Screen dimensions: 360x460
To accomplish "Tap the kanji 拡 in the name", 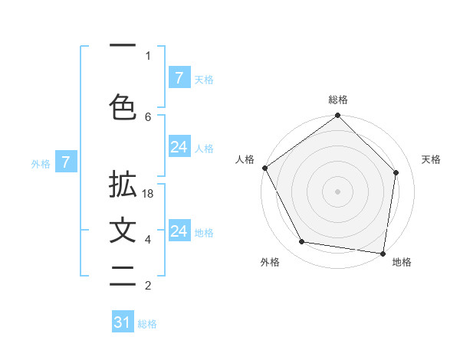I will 123,188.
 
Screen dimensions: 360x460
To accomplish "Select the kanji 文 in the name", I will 123,231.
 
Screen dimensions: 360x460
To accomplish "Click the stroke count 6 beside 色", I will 148,116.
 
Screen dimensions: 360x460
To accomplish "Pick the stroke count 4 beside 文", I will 148,240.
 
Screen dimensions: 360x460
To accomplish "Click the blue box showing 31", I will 123,322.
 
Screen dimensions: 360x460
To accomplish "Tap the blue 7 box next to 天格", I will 179,78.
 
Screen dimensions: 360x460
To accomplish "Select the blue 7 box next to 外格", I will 66,162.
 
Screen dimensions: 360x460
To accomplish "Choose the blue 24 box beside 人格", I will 179,148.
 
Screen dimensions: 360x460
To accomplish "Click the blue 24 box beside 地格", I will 179,231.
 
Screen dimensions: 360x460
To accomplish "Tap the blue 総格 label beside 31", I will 147,324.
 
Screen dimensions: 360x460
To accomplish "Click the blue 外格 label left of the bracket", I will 41,163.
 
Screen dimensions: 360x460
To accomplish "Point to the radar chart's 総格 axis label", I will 337,100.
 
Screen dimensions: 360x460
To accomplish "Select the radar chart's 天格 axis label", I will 432,159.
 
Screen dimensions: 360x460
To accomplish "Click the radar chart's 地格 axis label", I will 402,262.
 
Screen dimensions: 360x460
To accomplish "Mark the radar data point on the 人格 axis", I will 264,168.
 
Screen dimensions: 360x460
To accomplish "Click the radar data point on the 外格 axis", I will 301,242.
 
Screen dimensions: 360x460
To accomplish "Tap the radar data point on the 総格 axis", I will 337,116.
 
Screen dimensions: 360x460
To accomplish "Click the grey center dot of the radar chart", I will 337,191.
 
